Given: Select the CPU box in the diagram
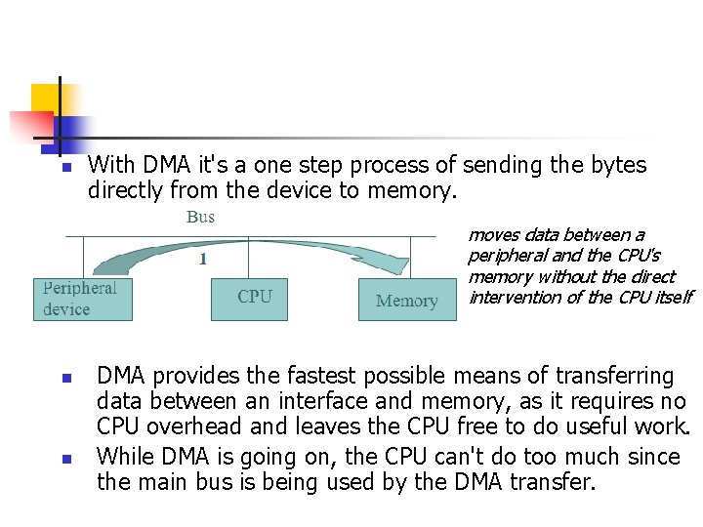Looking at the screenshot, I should pos(249,297).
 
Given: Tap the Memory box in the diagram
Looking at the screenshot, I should pos(407,300).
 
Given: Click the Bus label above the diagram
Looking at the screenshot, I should pos(200,217).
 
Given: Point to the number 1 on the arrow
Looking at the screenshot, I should pos(202,259).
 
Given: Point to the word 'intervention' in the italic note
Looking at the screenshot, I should pos(513,297).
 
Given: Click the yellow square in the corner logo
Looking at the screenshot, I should pos(45,99).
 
